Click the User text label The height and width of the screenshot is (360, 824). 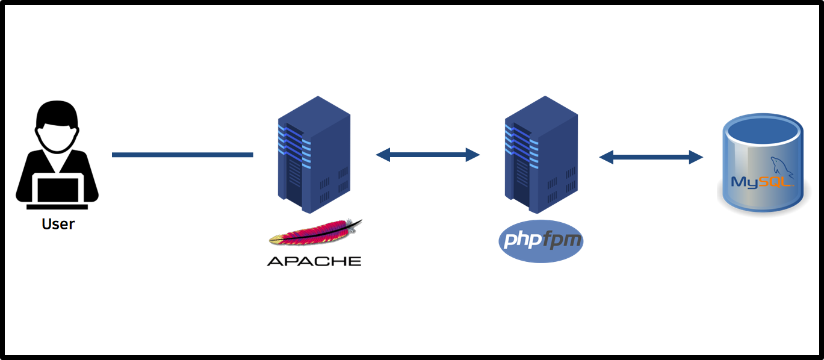tap(58, 224)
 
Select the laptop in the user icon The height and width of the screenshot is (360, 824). tap(58, 189)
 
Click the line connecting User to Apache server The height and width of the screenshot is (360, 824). tap(182, 155)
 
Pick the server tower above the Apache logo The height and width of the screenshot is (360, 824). tap(314, 155)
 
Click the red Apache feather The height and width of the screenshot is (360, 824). tap(316, 234)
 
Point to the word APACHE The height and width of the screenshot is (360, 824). tap(314, 261)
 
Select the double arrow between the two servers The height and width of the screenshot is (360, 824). tap(427, 155)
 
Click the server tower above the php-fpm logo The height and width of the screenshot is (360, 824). tap(541, 155)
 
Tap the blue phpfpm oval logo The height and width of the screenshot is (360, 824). tap(541, 241)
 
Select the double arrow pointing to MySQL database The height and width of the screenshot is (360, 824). tap(651, 158)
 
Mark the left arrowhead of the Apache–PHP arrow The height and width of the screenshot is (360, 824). tap(383, 155)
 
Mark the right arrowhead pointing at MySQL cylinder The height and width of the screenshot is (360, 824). tap(696, 158)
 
